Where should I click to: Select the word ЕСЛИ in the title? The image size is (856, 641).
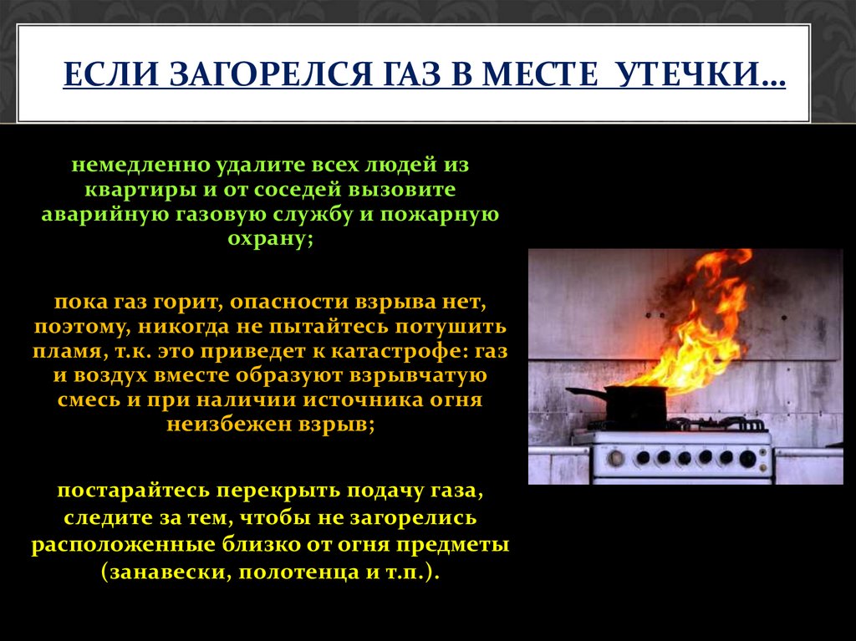pos(113,74)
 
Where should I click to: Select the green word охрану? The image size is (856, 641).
pos(270,239)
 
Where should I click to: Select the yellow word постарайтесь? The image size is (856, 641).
pos(133,491)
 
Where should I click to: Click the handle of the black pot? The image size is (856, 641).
pos(585,391)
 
